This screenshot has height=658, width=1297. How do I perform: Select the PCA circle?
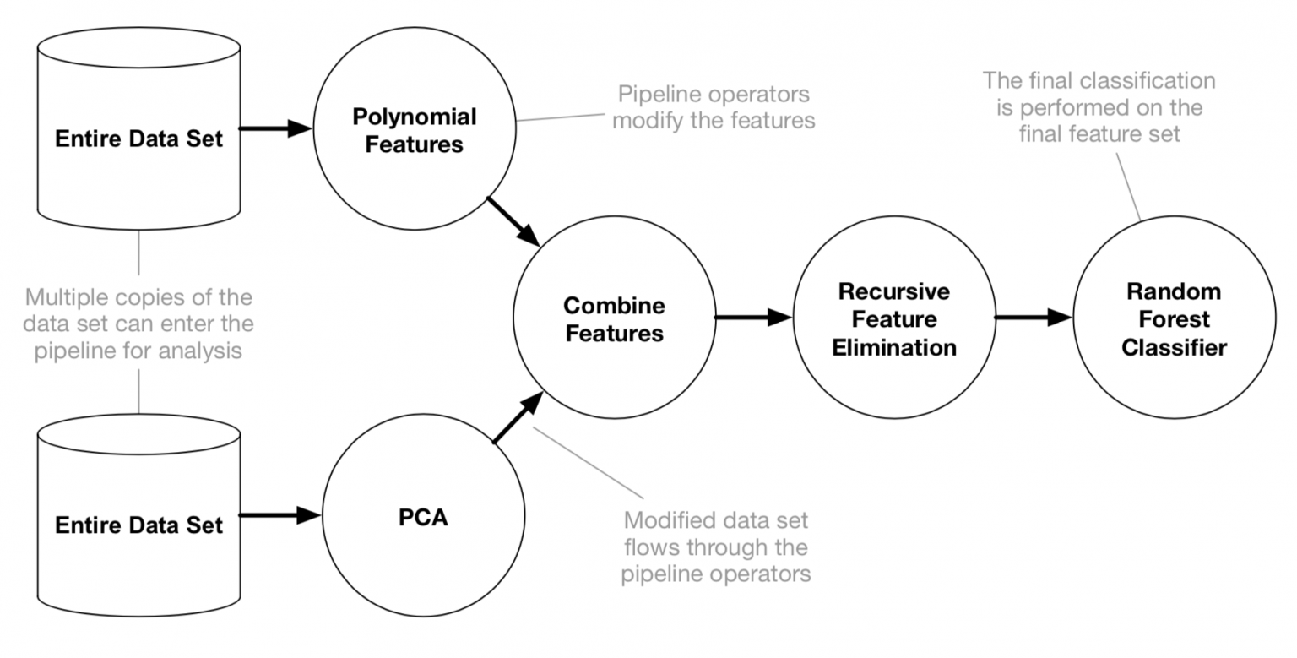(x=423, y=516)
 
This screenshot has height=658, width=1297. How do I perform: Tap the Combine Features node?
(x=614, y=318)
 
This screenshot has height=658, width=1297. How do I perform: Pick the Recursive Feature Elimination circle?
(x=893, y=318)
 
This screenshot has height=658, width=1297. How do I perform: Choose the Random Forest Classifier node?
(x=1174, y=318)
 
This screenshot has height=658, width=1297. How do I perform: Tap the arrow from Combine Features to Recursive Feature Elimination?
(x=753, y=318)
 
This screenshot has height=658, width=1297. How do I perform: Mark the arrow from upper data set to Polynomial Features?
(x=276, y=129)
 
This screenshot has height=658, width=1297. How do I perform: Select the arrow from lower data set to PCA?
(x=280, y=515)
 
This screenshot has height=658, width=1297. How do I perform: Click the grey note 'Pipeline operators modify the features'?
(x=714, y=106)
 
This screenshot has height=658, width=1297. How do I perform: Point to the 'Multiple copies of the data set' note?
(x=138, y=324)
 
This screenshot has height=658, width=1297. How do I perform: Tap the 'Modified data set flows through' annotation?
(x=716, y=547)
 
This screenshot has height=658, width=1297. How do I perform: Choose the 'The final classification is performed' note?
(x=1099, y=107)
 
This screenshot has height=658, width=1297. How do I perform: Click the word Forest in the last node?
(x=1174, y=319)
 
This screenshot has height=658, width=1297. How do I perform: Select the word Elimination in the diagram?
(x=893, y=347)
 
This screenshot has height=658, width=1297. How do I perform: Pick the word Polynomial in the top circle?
(x=414, y=116)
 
